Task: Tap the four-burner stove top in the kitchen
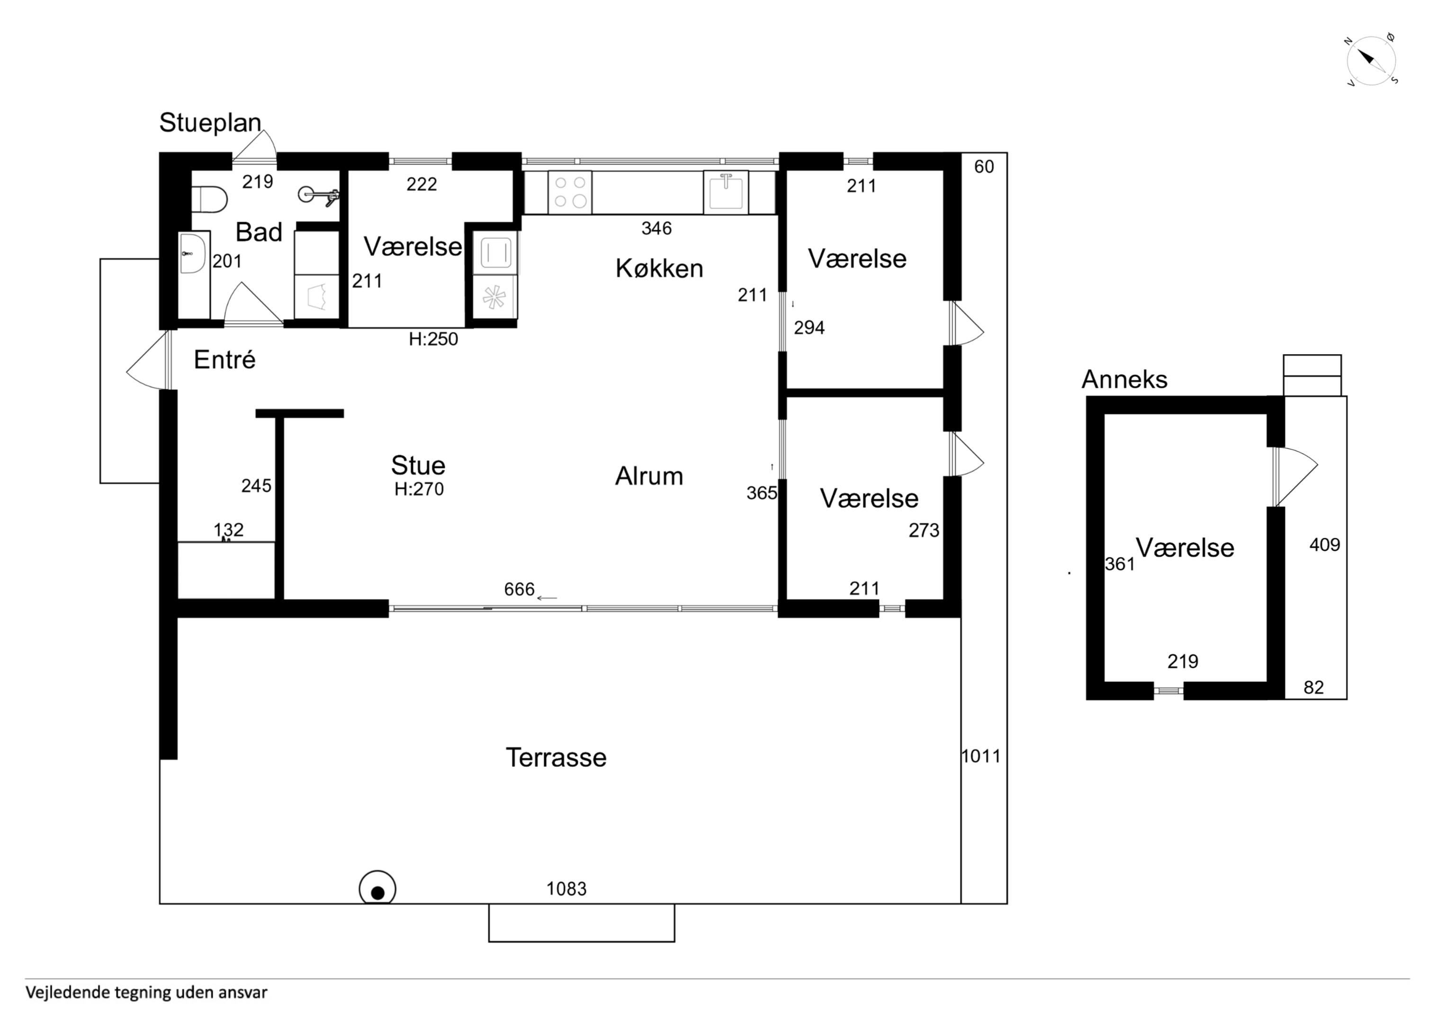[570, 192]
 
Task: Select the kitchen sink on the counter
[726, 192]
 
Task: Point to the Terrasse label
[556, 758]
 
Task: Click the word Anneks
[1124, 379]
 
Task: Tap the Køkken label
[659, 269]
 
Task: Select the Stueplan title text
[210, 123]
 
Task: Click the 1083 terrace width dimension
[566, 889]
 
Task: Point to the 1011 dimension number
[980, 756]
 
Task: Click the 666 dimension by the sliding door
[519, 589]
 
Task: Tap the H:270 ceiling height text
[419, 489]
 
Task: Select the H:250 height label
[433, 339]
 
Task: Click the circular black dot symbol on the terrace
[377, 889]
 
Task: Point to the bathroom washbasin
[193, 253]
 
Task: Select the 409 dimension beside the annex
[1324, 545]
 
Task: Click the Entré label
[225, 360]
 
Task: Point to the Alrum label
[649, 476]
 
